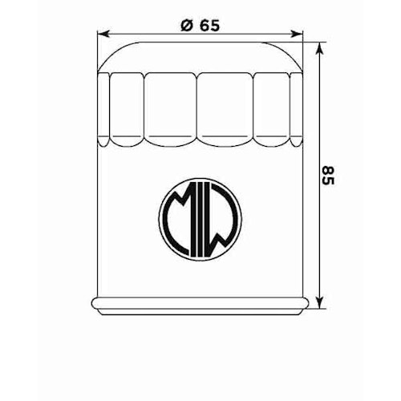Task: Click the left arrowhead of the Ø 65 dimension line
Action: coord(100,34)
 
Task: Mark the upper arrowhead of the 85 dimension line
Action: coord(319,47)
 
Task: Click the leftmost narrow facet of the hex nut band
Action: coord(104,109)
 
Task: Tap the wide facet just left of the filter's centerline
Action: coord(170,111)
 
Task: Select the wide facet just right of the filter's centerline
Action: coord(226,111)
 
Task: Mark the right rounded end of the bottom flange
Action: coord(306,303)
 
